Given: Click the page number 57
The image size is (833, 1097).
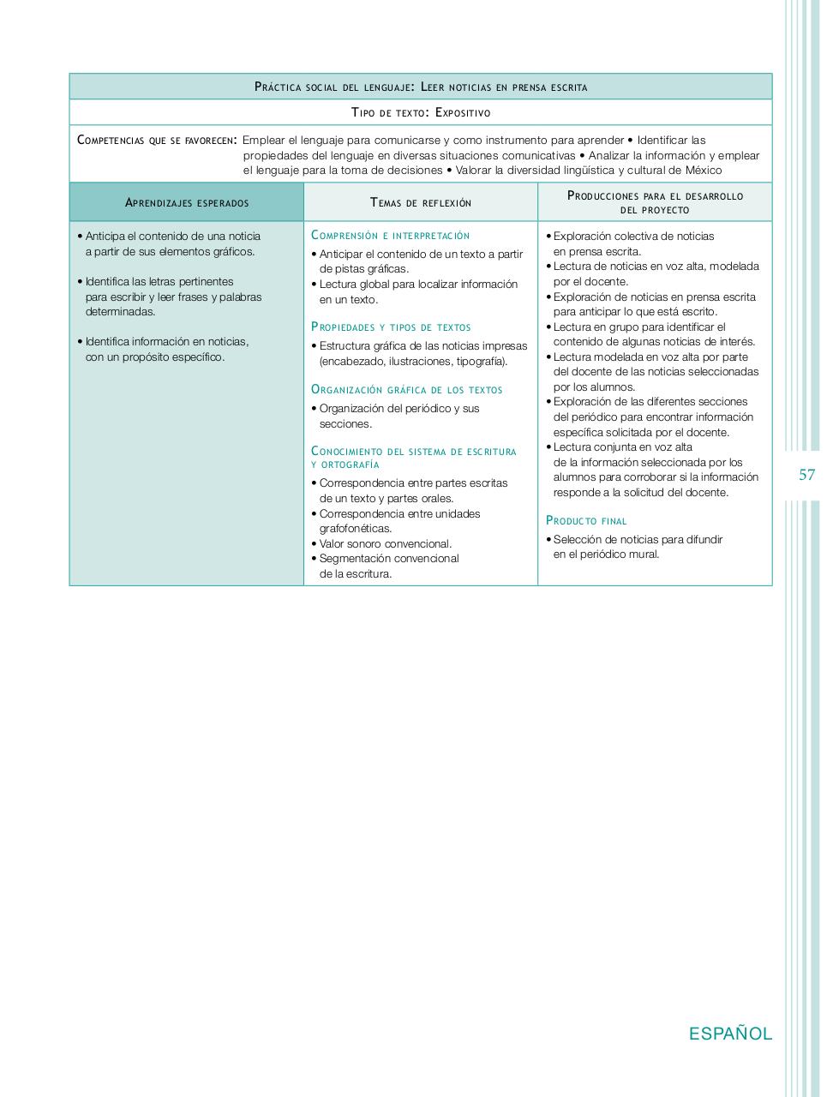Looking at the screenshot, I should (x=806, y=475).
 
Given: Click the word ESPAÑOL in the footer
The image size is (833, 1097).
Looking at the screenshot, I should (x=730, y=1034).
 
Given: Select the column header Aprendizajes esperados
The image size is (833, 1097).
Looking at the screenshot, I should (x=187, y=203).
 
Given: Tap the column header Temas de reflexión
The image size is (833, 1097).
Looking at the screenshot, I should (x=421, y=203).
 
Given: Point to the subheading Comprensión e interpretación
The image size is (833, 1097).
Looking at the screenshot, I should (x=390, y=235).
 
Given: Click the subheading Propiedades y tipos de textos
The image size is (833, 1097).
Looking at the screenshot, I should (x=391, y=327).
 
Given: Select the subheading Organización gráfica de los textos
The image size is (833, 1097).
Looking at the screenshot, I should (x=406, y=390).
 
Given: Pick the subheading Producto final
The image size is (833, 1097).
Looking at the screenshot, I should (x=586, y=521).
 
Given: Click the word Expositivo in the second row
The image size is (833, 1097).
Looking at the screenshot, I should (x=463, y=112).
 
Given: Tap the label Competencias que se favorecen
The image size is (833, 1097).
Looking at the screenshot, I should (x=157, y=141).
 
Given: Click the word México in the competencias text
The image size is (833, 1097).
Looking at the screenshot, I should (x=703, y=171).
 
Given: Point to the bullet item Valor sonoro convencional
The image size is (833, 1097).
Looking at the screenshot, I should (x=385, y=543).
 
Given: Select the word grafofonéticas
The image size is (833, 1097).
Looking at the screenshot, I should (x=355, y=529).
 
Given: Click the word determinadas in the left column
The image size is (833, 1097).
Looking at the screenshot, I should (x=120, y=312).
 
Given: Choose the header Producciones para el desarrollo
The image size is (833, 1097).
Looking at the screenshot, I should (x=655, y=195).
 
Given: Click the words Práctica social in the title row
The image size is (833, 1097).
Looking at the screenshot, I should (x=298, y=87).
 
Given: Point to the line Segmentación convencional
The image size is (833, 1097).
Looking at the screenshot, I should (x=389, y=559).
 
